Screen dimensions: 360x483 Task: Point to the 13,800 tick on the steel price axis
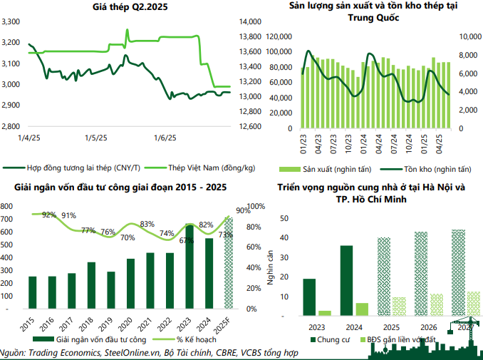point(246,36)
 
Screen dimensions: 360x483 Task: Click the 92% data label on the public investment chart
point(49,215)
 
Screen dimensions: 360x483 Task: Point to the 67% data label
point(187,240)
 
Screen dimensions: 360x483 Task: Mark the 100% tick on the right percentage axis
point(255,206)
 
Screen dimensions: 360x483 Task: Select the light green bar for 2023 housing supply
point(324,312)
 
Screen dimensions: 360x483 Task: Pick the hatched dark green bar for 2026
point(421,273)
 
